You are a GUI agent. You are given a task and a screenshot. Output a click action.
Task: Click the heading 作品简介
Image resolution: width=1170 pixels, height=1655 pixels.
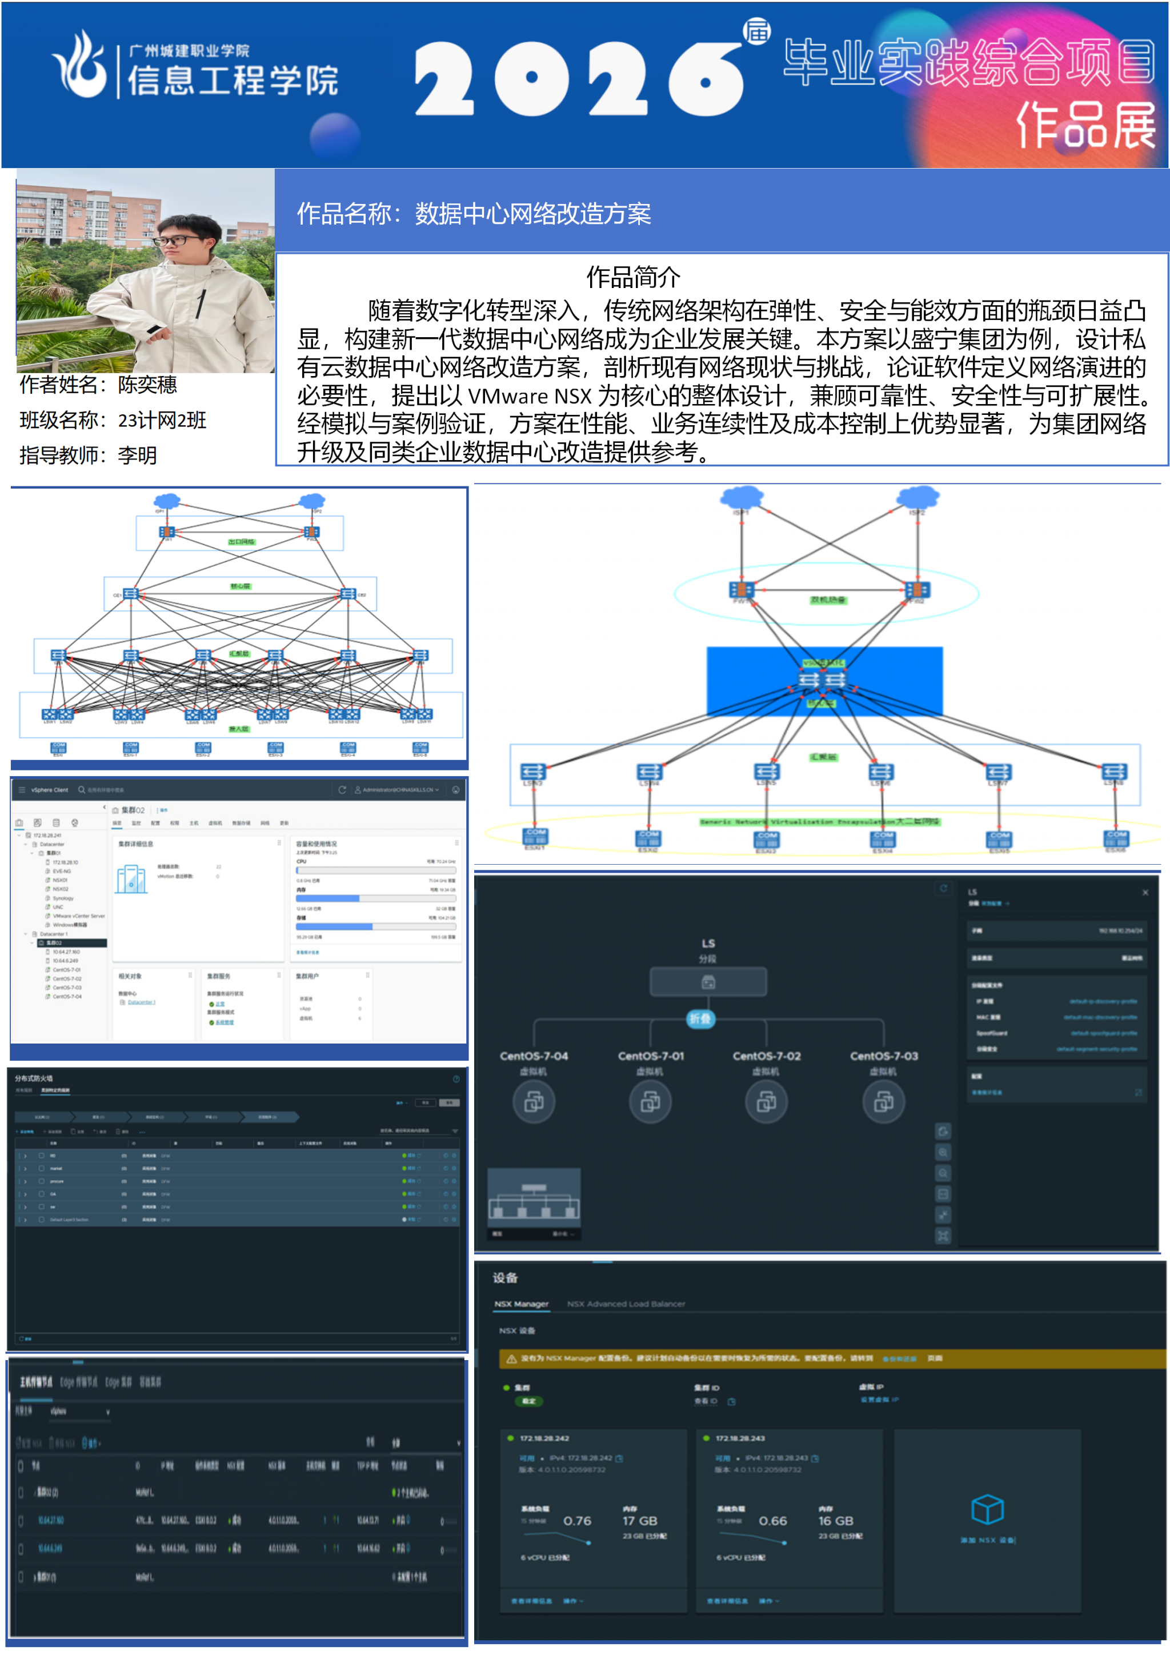click(632, 277)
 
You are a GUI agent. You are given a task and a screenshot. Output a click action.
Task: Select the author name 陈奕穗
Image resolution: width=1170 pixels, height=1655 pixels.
click(148, 385)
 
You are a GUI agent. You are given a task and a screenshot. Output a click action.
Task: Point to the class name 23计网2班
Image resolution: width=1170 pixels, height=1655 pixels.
click(162, 420)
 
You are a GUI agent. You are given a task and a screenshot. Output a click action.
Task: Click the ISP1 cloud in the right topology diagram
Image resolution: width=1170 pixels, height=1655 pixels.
click(742, 497)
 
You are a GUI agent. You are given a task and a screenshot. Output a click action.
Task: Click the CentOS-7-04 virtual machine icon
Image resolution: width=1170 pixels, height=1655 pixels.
click(534, 1101)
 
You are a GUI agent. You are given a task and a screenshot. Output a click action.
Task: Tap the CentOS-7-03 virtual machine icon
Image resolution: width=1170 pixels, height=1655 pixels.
click(883, 1101)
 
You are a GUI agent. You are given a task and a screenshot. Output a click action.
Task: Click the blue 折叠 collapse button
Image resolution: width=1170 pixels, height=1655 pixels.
click(700, 1018)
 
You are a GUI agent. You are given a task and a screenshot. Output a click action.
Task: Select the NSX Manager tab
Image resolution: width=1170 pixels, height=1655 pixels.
click(521, 1304)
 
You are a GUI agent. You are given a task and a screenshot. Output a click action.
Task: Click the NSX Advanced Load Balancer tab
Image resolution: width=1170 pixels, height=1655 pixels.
click(626, 1304)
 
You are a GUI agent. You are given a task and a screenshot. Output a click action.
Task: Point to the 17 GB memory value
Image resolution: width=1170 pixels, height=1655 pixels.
click(640, 1521)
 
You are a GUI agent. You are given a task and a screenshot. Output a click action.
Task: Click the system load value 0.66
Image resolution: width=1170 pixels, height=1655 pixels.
click(772, 1521)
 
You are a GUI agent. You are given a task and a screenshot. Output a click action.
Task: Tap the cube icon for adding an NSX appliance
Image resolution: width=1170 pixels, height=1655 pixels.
click(987, 1509)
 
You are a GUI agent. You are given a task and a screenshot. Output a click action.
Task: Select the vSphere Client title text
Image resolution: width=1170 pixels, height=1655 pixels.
click(50, 790)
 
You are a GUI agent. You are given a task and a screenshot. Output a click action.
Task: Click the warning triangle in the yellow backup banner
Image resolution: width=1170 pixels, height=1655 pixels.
click(511, 1359)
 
